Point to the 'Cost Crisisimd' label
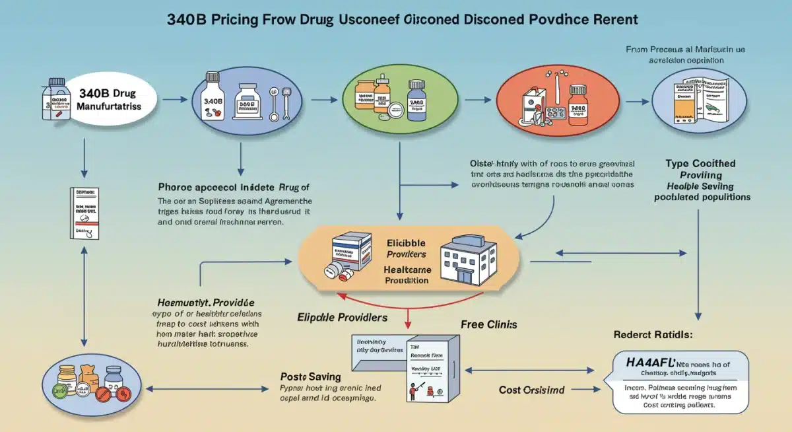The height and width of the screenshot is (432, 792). click(531, 390)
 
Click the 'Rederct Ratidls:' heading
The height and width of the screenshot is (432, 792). click(653, 335)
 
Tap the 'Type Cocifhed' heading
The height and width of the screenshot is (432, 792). click(700, 163)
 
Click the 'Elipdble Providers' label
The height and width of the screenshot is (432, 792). click(343, 318)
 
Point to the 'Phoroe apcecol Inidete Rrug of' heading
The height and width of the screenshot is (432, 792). click(233, 187)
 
